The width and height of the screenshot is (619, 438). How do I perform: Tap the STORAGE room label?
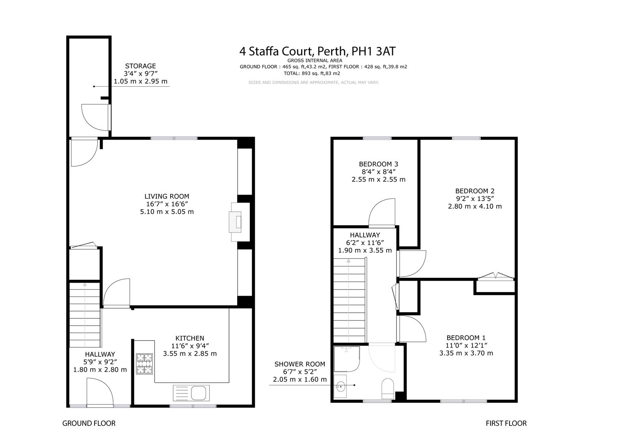tap(140, 66)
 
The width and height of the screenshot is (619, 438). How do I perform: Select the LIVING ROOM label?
tap(167, 196)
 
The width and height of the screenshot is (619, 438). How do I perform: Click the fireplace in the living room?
tap(236, 222)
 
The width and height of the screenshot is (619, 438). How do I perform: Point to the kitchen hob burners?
tap(144, 364)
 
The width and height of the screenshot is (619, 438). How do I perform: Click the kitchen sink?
tap(191, 393)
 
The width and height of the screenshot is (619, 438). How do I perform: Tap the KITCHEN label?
tap(190, 338)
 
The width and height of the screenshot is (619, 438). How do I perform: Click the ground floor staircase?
tap(85, 315)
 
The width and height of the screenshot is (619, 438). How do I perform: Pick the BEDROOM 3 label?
tap(379, 164)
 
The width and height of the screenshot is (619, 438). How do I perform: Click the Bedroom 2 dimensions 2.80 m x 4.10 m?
tap(475, 206)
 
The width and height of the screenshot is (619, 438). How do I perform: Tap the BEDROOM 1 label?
tap(466, 337)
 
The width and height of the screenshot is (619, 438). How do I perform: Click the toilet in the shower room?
tap(388, 389)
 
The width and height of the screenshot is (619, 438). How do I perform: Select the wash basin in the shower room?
tap(340, 386)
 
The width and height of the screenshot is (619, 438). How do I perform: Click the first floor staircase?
tap(349, 301)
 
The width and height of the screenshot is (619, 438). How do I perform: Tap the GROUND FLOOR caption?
tap(89, 423)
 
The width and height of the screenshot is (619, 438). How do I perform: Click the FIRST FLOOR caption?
tap(506, 423)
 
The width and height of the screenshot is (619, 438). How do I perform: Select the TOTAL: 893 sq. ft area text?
tap(312, 73)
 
